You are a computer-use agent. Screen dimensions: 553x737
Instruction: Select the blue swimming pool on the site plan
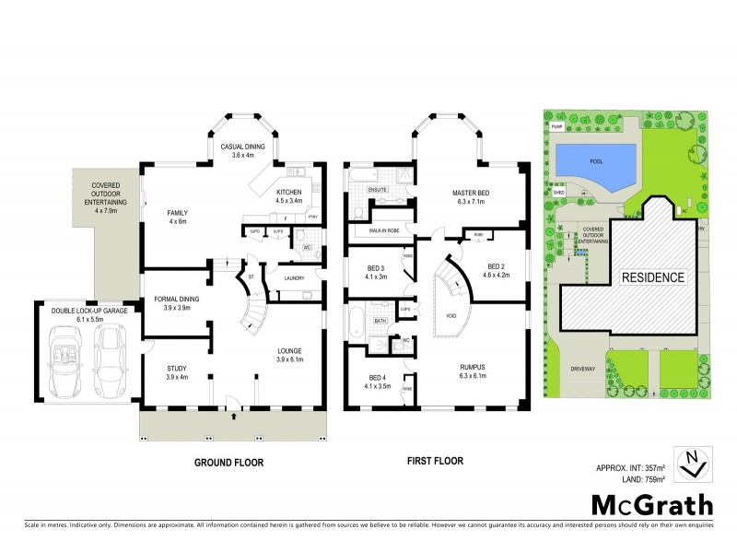[596, 163]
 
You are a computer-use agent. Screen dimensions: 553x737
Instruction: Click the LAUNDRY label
[295, 277]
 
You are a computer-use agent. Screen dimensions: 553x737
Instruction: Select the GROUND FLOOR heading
[227, 461]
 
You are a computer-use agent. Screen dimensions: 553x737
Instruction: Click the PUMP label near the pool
[556, 125]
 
